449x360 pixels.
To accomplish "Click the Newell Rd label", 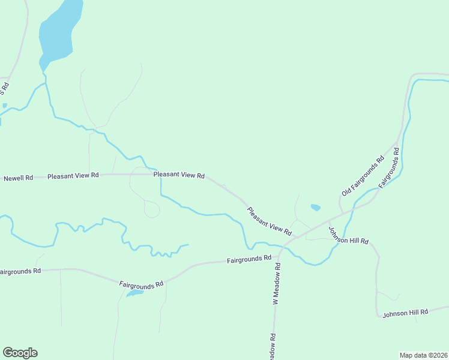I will tap(18, 178).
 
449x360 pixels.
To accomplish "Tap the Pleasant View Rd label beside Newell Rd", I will tap(73, 176).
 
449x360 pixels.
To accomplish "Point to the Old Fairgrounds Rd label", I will tap(363, 176).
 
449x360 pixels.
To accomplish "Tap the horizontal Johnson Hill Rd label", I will tap(405, 313).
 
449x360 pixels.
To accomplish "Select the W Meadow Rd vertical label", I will tap(277, 284).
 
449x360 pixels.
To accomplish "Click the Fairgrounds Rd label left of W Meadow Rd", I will tap(249, 260).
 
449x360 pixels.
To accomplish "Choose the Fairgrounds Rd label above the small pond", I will tap(141, 284).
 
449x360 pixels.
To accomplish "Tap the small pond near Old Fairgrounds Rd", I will tap(315, 208).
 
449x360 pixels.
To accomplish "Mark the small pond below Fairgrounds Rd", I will tap(134, 293).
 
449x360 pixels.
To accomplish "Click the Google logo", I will tap(20, 353).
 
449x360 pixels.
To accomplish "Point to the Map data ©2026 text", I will tap(423, 355).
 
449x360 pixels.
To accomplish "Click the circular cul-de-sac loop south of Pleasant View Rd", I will tap(152, 210).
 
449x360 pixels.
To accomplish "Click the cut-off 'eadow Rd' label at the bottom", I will tap(273, 346).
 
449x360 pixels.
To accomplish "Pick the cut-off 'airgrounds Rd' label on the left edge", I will tap(20, 271).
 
